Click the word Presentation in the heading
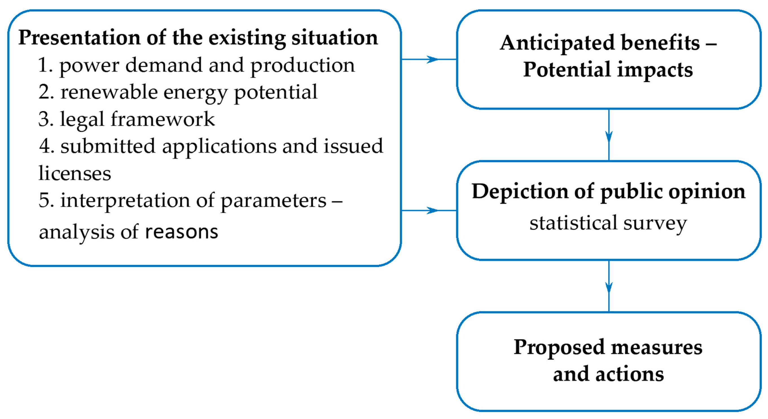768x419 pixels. click(x=79, y=38)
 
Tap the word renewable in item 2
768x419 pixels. click(x=109, y=92)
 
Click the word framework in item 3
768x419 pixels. click(x=163, y=119)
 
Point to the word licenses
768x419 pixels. click(x=74, y=173)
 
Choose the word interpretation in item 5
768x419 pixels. click(x=125, y=200)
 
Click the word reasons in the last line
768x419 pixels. click(x=181, y=232)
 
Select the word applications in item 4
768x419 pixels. click(x=219, y=146)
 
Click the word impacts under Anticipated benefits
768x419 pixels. click(x=655, y=70)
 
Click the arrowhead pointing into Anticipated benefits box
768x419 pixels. click(x=432, y=59)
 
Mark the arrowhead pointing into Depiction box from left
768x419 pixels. click(x=432, y=211)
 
